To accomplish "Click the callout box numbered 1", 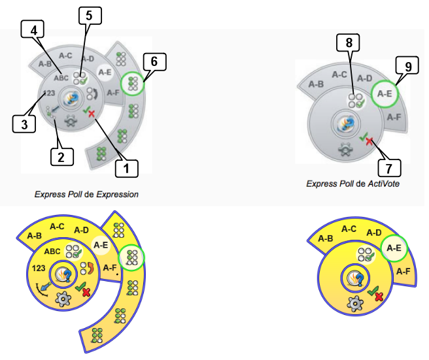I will (x=126, y=168).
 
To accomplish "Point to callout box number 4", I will (x=32, y=29).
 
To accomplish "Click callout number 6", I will (x=155, y=62).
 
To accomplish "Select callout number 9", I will (x=408, y=66).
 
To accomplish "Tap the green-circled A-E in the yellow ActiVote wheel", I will (x=393, y=248).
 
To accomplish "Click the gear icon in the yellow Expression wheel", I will (x=63, y=300).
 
